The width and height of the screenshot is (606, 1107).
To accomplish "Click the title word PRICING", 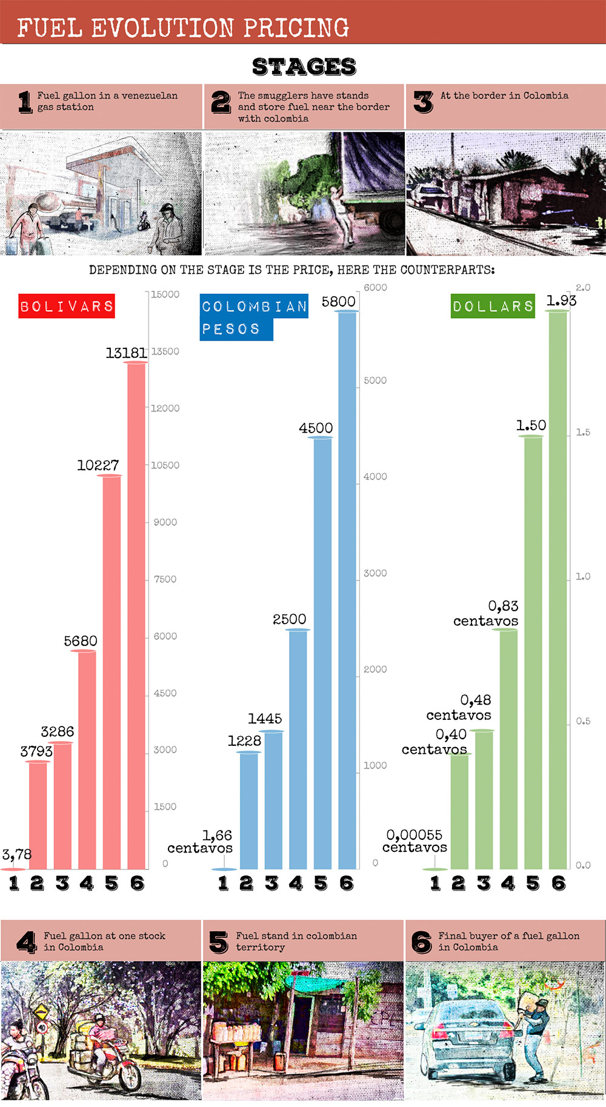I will [x=296, y=28].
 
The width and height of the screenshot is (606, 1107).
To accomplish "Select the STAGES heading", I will [x=304, y=67].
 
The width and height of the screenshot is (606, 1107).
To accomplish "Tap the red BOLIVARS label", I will [x=67, y=306].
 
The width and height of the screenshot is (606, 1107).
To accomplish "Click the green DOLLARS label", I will [x=493, y=306].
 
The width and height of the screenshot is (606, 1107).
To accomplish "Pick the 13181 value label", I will [x=126, y=353].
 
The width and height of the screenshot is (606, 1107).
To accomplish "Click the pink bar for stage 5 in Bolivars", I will [x=112, y=667].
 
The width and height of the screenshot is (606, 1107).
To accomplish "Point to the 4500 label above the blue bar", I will [x=316, y=428].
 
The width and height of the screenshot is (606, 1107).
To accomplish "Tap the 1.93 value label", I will [x=561, y=301].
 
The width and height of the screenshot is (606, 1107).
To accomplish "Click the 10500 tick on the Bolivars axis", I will [x=165, y=465].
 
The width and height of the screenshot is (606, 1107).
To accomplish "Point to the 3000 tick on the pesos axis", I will [x=375, y=573].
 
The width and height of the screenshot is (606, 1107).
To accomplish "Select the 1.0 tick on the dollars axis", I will [x=582, y=576].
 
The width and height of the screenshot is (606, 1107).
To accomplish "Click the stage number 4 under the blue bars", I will [x=296, y=883].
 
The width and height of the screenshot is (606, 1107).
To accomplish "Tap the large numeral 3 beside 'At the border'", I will [x=423, y=102].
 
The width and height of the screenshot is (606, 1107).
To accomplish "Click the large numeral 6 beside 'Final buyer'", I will [x=421, y=942].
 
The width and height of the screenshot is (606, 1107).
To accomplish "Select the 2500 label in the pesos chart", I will [x=289, y=619].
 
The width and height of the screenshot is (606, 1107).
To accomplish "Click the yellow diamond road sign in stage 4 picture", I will [x=41, y=1012].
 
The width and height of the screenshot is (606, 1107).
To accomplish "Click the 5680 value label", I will [x=81, y=640].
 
